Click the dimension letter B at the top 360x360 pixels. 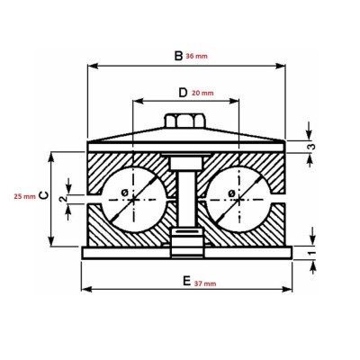click(x=177, y=56)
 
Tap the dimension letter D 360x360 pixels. click(x=183, y=92)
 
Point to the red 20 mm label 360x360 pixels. click(x=202, y=93)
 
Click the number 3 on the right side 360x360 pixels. click(x=310, y=147)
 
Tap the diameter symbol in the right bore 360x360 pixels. click(x=231, y=193)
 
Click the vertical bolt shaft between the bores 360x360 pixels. click(x=186, y=198)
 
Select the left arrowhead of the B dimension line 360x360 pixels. click(x=90, y=65)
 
